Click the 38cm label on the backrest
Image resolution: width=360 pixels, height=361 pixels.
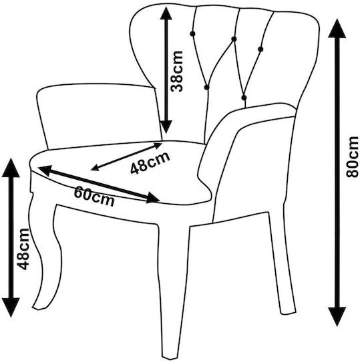(x=177, y=71)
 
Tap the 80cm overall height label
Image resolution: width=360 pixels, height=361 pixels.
(x=352, y=157)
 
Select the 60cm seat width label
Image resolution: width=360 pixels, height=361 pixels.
(x=94, y=196)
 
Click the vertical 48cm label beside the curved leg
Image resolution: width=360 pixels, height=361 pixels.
(x=23, y=249)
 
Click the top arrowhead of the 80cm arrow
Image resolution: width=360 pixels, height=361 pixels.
(x=337, y=28)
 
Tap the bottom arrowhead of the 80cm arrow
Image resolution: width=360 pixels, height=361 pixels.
(x=337, y=317)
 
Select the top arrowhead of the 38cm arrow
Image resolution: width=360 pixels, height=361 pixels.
(x=166, y=13)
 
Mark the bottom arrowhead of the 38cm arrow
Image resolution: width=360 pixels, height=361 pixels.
(x=166, y=127)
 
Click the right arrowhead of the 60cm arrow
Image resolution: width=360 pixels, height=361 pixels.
(x=152, y=197)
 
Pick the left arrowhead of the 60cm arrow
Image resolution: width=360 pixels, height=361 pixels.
(x=45, y=170)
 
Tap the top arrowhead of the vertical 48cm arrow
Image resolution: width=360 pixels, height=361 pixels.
(x=11, y=167)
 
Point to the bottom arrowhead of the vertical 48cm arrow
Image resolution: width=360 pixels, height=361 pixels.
(x=11, y=308)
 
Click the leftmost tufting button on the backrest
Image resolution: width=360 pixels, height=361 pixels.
(x=192, y=34)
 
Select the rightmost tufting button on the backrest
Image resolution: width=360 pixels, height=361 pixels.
(x=260, y=49)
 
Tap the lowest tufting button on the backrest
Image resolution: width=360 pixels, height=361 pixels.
(x=244, y=98)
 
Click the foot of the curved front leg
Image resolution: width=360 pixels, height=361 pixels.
(x=39, y=306)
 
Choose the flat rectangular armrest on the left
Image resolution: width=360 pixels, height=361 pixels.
(x=99, y=116)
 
